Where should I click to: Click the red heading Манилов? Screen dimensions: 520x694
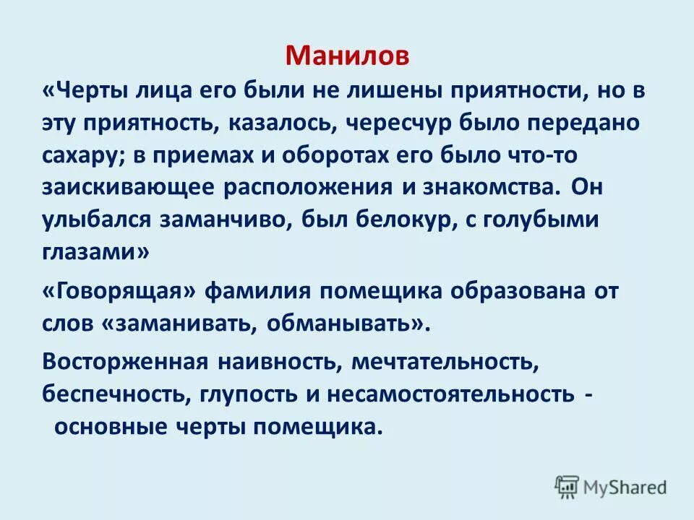[347, 56]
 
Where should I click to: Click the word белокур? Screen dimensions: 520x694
[393, 220]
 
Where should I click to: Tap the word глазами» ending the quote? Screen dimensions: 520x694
[97, 251]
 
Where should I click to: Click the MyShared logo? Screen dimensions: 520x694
[611, 487]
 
